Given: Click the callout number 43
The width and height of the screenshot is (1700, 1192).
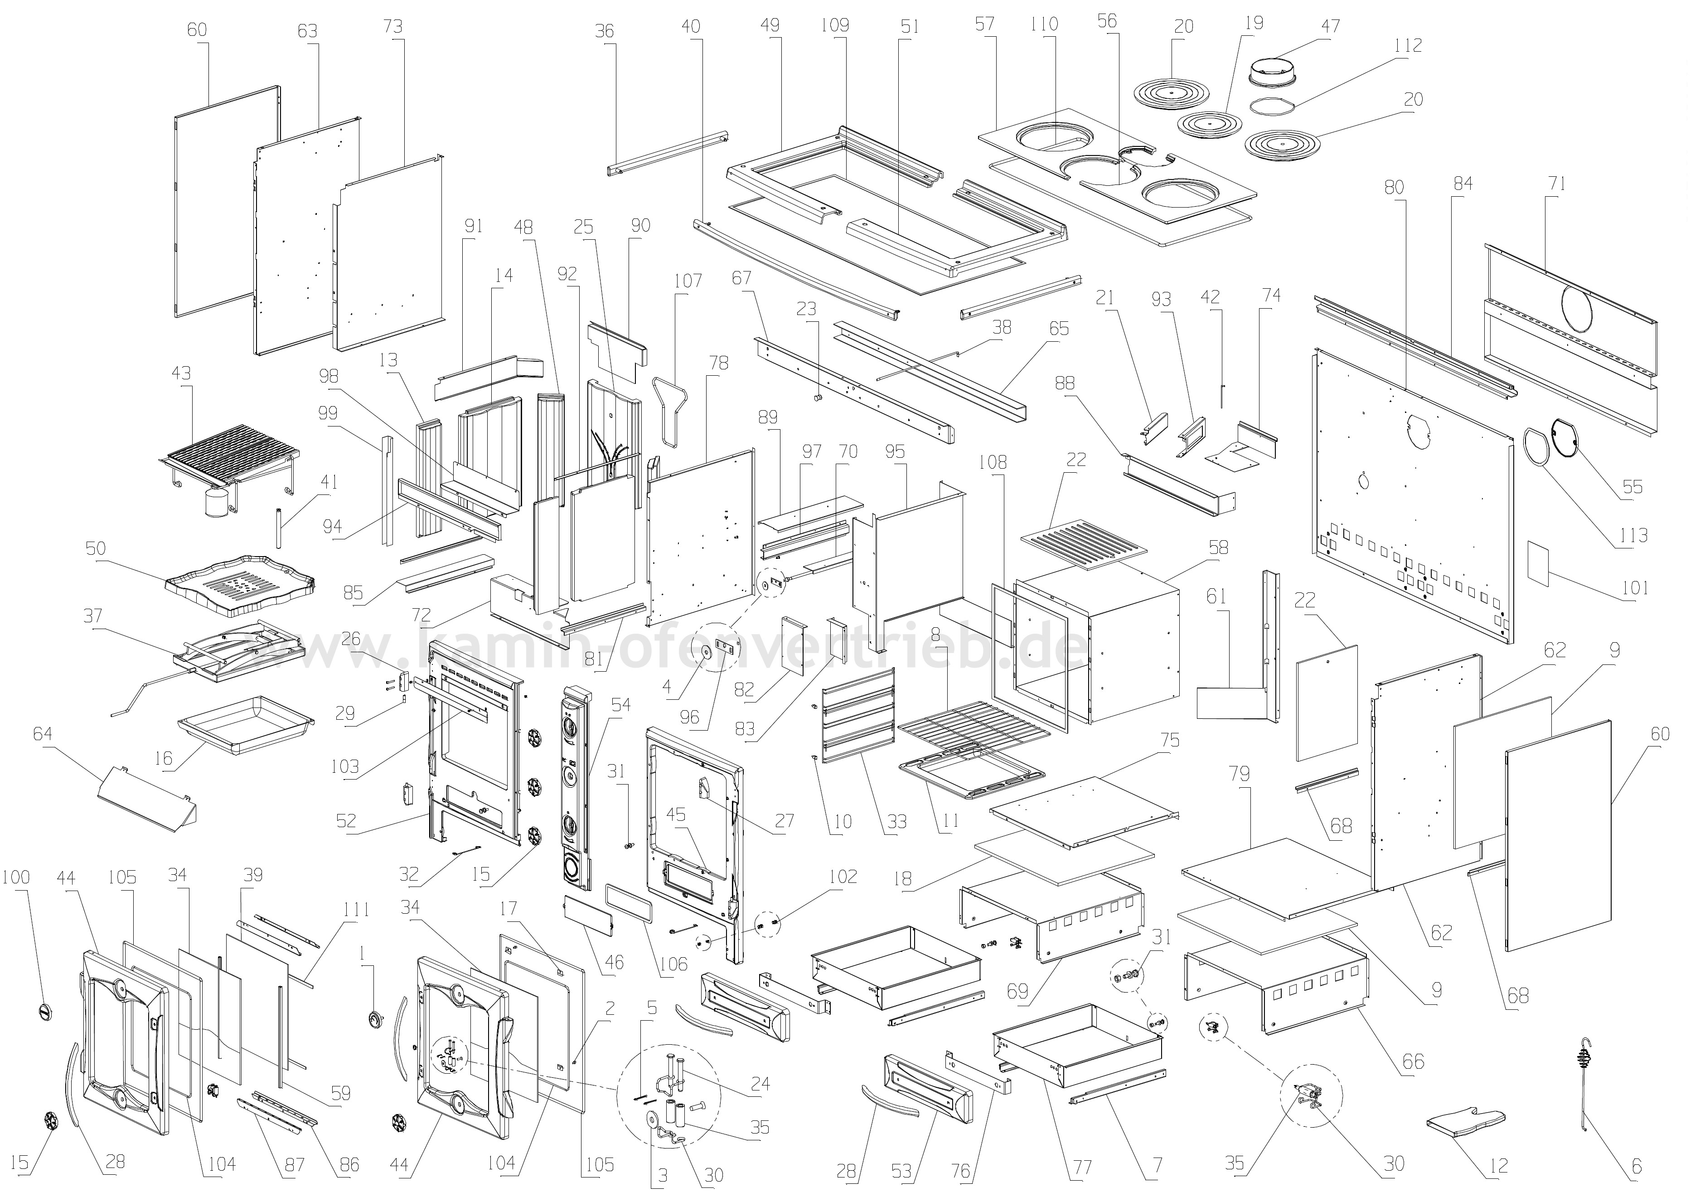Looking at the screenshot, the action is click(181, 373).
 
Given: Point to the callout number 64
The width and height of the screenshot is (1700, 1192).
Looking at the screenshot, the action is click(43, 734).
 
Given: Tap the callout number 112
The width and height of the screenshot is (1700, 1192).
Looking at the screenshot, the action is click(1407, 46).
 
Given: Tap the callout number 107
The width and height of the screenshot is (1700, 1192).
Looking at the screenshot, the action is click(688, 281).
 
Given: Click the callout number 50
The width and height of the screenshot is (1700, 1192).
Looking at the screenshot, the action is click(96, 548).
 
